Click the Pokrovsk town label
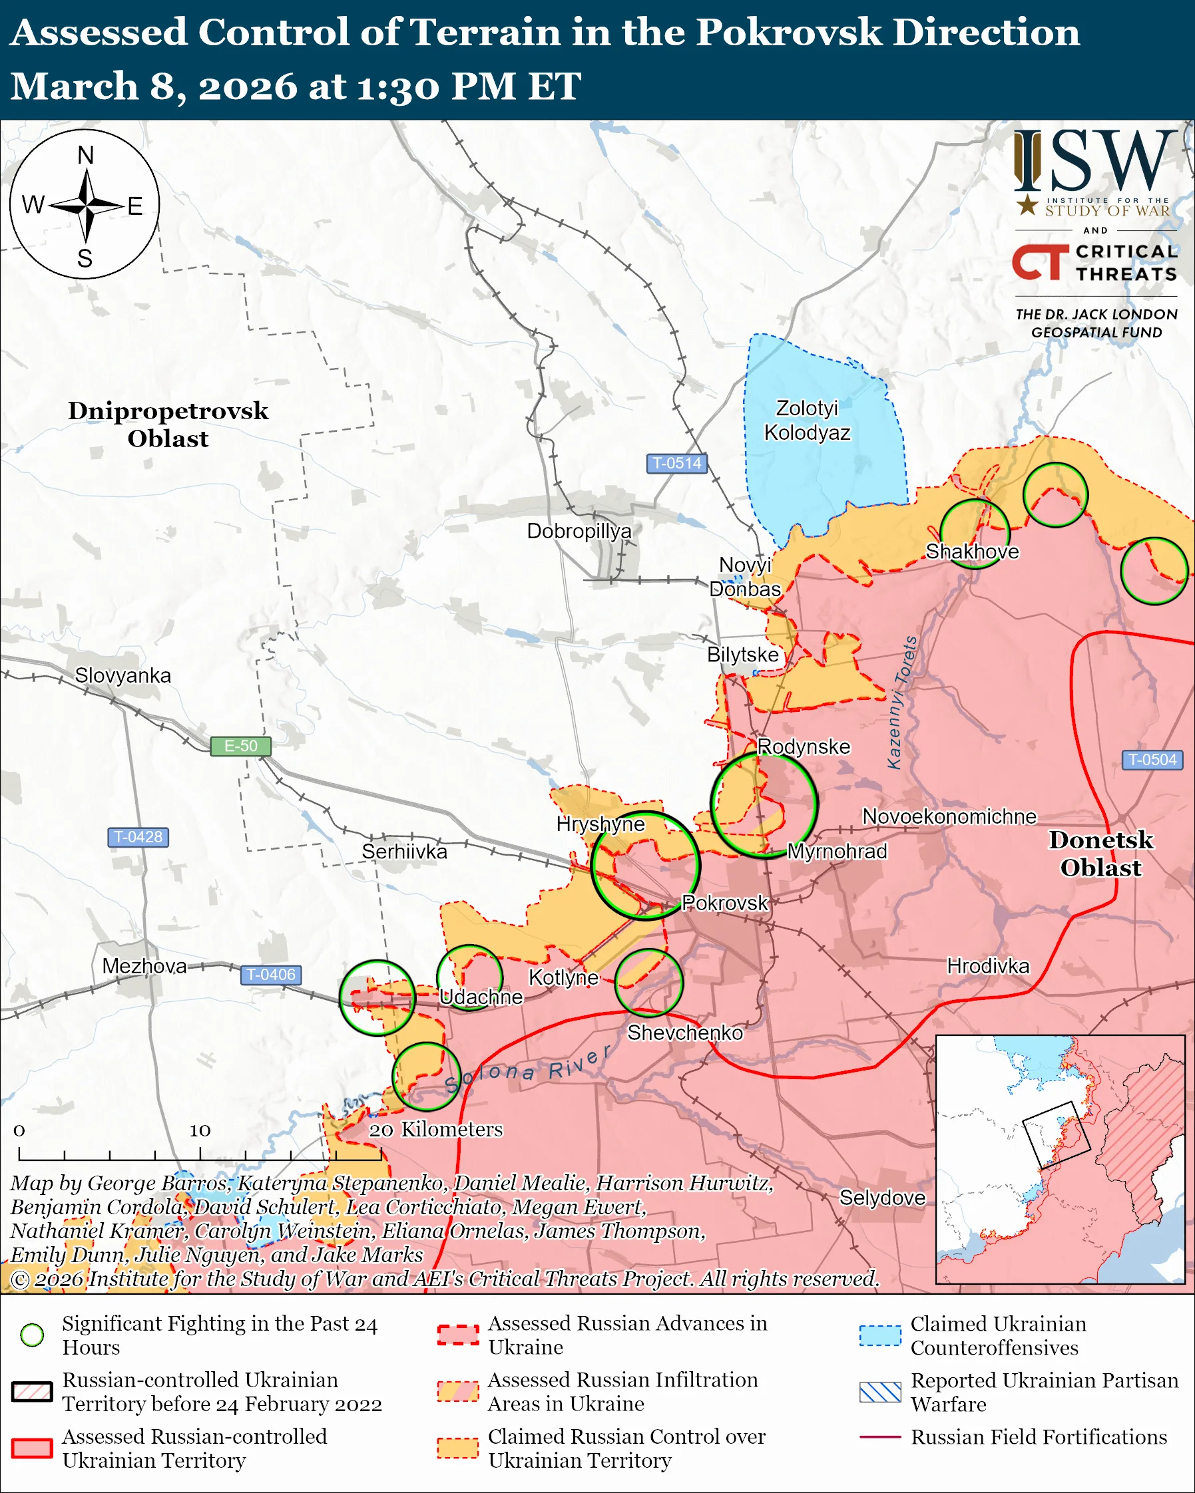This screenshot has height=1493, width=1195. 724,903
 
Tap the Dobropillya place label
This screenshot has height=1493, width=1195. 579,531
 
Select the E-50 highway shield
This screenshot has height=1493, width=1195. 240,746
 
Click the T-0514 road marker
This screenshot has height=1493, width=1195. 676,462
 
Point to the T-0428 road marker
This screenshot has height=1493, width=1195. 138,836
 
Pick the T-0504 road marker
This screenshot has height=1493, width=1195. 1152,760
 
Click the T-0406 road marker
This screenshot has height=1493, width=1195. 270,974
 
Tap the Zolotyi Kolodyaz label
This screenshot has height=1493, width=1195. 807,420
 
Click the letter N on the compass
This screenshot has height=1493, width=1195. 85,155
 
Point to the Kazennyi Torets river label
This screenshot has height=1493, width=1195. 903,702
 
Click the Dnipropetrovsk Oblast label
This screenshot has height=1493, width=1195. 168,424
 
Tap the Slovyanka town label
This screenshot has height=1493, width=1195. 122,675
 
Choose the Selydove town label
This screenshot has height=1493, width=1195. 882,1198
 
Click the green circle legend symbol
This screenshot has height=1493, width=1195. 33,1335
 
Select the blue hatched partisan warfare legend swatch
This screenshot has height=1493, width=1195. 880,1392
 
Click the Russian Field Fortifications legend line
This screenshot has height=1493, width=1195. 880,1437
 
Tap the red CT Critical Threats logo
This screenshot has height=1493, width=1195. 1040,261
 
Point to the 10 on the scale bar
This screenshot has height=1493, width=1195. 200,1131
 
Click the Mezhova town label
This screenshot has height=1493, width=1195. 144,966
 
